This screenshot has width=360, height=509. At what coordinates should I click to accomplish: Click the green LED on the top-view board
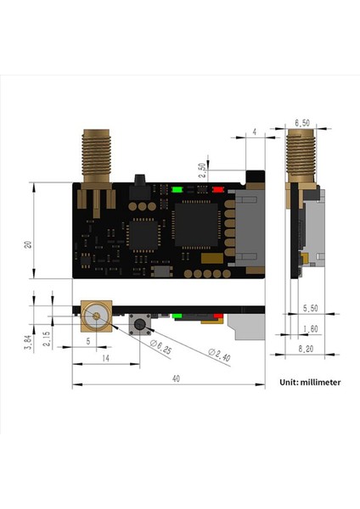(177, 190)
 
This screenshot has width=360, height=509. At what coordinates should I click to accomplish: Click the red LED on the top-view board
(219, 190)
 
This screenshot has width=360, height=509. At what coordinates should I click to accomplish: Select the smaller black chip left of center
(140, 232)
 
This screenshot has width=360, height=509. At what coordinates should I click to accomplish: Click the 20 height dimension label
(29, 243)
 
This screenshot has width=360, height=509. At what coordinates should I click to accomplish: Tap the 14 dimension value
(106, 360)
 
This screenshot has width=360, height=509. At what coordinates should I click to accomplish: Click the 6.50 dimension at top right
(301, 124)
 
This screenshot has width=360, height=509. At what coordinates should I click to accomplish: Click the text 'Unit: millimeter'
(310, 382)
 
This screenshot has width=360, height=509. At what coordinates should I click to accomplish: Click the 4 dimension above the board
(256, 132)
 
